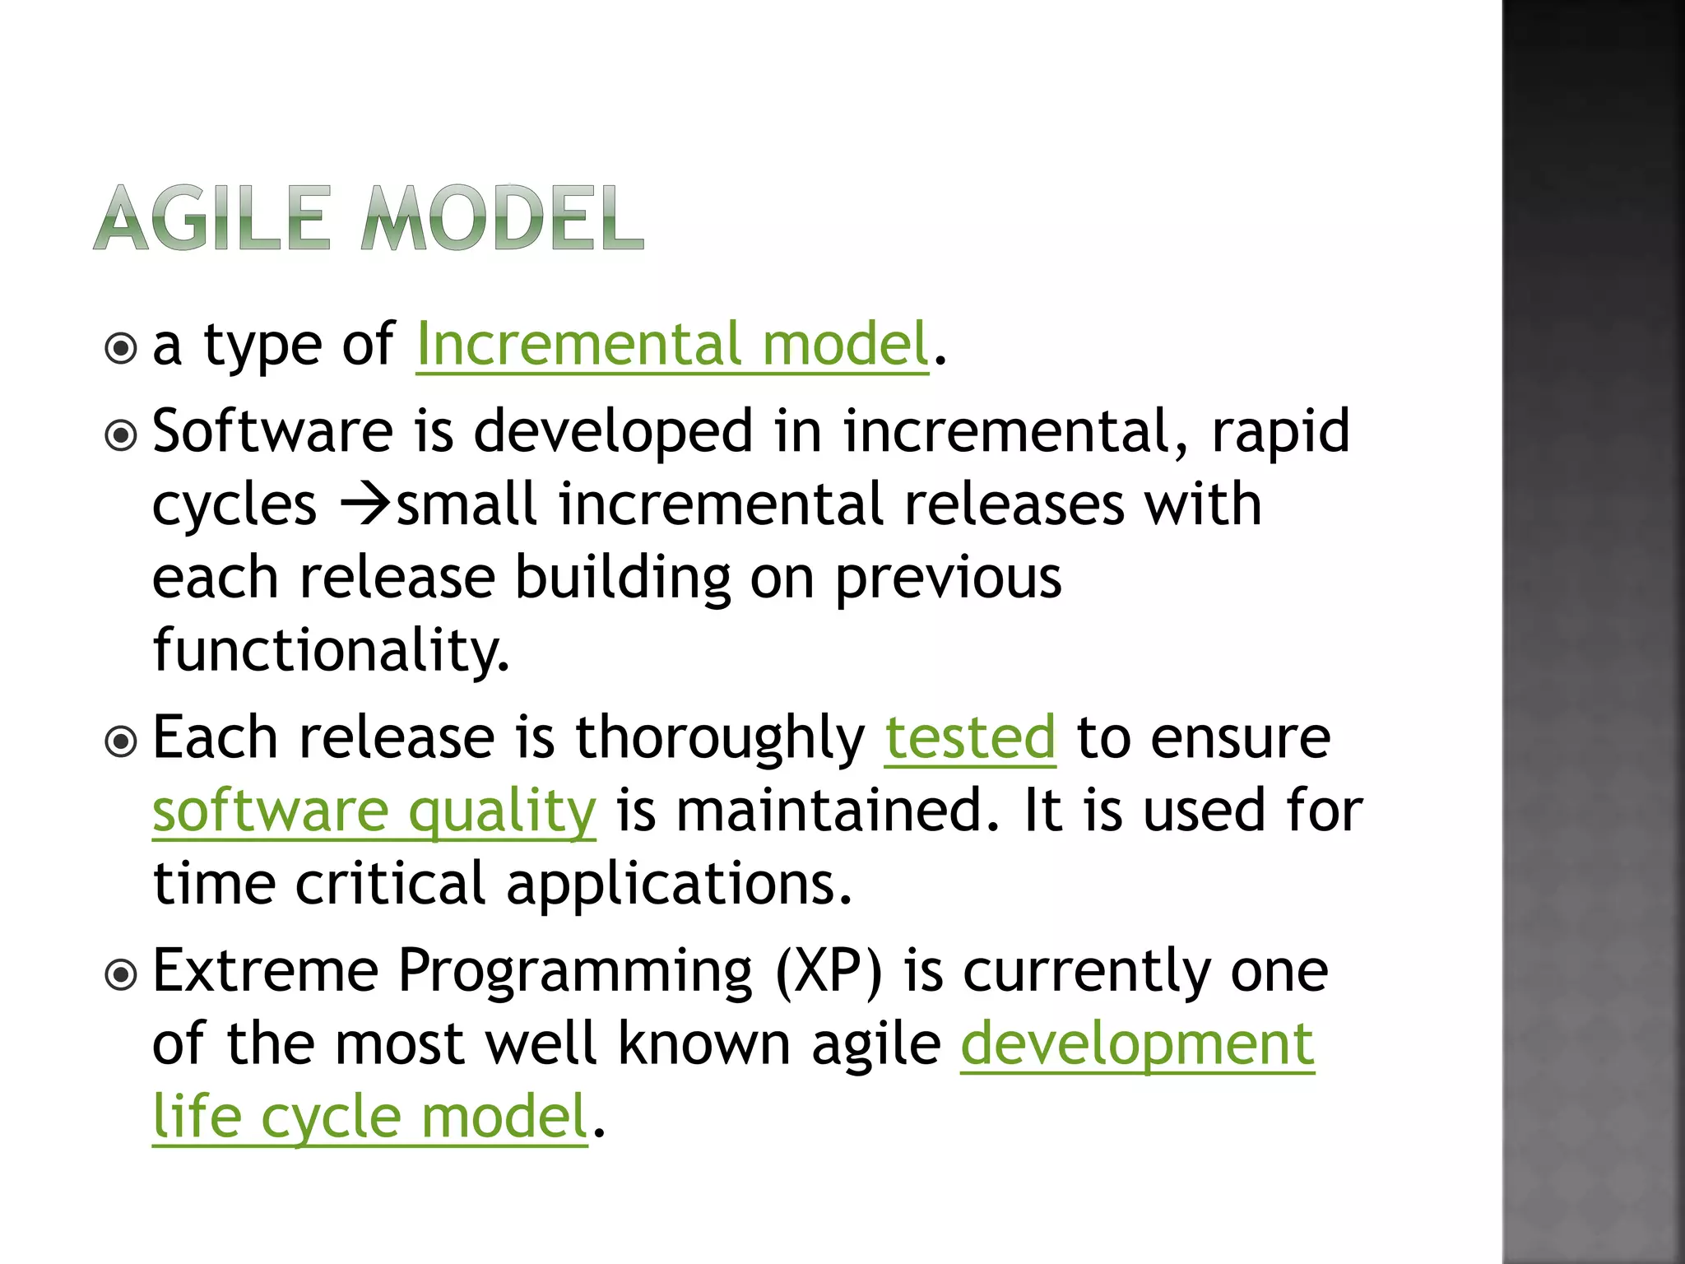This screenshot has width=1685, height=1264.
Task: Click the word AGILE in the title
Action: pos(212,218)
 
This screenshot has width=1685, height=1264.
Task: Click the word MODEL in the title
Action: pos(502,218)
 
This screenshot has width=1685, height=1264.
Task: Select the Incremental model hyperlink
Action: pos(672,344)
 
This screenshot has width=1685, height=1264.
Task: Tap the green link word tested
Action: pos(969,737)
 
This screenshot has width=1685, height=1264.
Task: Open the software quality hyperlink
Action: pos(374,811)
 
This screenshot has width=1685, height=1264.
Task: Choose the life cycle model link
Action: pos(370,1117)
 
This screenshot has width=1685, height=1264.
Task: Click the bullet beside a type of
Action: pos(122,349)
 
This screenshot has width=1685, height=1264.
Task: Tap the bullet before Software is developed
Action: pos(122,435)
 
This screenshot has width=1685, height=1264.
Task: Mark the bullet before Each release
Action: pos(122,742)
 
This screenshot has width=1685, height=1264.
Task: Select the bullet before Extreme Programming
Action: pos(122,976)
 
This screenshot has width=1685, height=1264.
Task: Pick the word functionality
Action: pos(331,650)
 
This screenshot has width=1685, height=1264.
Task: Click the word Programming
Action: pos(575,972)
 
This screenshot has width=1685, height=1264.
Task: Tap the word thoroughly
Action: pos(719,737)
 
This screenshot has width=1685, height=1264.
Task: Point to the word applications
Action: pos(678,884)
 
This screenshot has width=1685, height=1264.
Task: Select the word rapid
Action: pos(1280,431)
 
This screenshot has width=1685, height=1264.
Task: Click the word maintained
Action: pos(838,811)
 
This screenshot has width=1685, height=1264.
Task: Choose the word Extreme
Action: pos(265,972)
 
